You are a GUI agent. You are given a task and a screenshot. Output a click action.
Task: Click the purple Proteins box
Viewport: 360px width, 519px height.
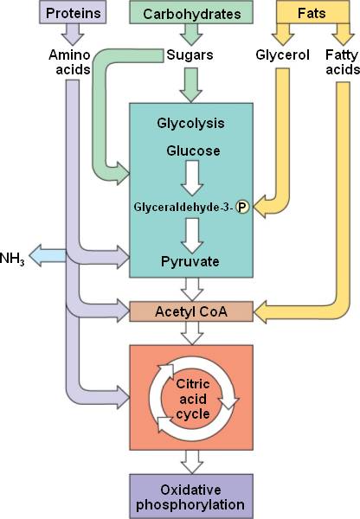pos(73,12)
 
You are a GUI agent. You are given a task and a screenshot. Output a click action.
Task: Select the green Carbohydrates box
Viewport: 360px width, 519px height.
pos(191,12)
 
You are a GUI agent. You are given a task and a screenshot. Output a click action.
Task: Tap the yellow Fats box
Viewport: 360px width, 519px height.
pos(312,12)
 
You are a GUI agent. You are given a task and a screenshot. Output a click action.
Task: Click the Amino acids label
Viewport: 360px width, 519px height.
pos(69,62)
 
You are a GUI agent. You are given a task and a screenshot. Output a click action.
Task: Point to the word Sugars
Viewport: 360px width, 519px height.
pos(190,55)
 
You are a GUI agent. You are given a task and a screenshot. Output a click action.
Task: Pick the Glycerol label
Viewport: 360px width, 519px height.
pos(282,55)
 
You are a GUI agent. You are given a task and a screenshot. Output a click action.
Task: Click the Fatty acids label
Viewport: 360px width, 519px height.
pos(343,62)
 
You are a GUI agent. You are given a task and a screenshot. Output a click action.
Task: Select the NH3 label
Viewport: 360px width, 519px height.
pos(12,259)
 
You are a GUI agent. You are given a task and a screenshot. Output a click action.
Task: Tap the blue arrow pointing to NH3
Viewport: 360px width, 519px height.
pos(48,256)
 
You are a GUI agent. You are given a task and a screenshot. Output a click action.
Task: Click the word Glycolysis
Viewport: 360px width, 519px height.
pos(190,123)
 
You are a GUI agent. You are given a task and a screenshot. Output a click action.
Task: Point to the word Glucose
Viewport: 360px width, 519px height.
pos(193,151)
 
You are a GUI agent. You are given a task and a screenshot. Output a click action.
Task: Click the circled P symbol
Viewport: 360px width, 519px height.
pos(242,207)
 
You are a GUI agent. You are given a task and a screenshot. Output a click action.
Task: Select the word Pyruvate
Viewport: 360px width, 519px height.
pos(190,261)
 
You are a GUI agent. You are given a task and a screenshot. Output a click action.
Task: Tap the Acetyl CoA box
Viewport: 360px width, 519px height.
pos(191,311)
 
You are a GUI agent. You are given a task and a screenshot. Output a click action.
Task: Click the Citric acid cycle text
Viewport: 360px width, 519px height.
pos(193,399)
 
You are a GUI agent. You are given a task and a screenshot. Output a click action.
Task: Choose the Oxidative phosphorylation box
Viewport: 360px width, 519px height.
pos(191,497)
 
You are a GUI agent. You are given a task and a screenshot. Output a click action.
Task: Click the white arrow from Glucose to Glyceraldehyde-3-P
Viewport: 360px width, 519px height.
pos(192,178)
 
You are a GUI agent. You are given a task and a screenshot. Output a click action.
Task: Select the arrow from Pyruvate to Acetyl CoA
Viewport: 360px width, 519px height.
pos(192,289)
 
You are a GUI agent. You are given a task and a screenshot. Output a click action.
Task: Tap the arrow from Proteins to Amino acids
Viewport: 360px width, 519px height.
pos(73,35)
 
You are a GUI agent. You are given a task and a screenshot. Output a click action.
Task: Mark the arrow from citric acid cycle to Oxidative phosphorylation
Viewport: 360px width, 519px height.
pos(192,462)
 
